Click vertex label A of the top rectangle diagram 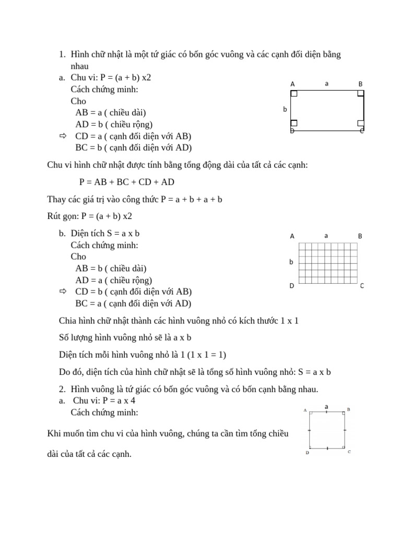click(x=292, y=84)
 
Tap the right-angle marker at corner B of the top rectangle click(x=360, y=94)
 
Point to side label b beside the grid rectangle click(x=291, y=262)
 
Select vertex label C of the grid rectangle click(x=362, y=286)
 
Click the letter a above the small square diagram click(x=326, y=406)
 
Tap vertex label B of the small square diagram click(x=348, y=410)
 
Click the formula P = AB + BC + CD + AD click(x=126, y=182)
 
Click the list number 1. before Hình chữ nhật click(x=62, y=55)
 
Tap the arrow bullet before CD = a click(x=64, y=136)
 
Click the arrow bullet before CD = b click(x=64, y=292)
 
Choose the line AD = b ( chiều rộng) click(x=114, y=124)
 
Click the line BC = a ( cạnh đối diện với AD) click(x=133, y=303)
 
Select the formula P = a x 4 click(x=115, y=400)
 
